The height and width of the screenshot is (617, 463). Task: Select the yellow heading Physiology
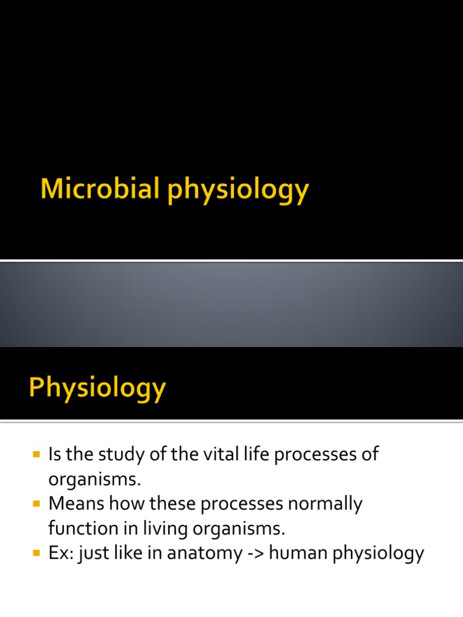97,389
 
